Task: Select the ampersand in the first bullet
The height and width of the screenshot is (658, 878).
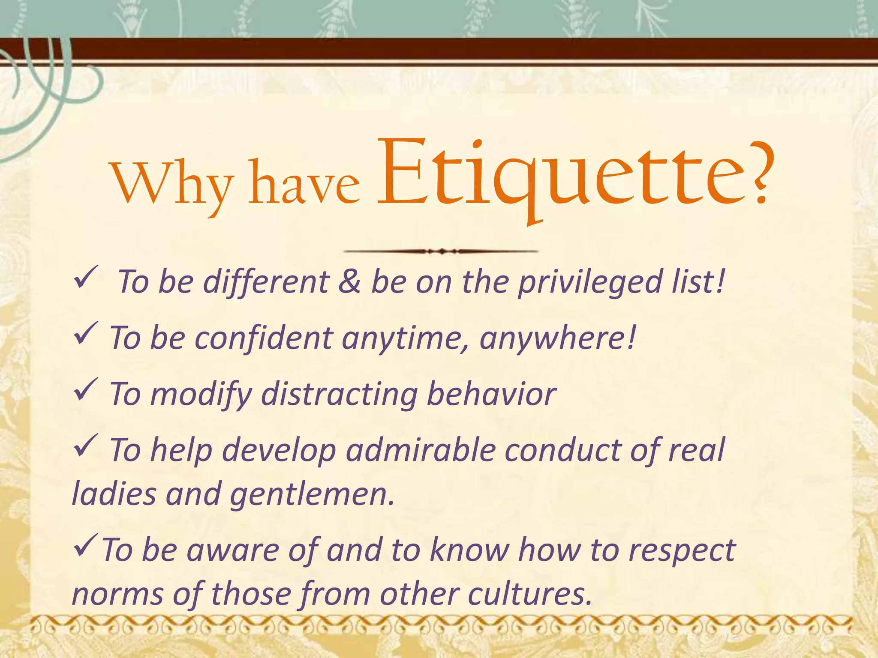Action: pyautogui.click(x=349, y=282)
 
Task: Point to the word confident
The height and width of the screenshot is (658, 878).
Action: pyautogui.click(x=264, y=338)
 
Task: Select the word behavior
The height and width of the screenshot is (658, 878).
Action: pyautogui.click(x=491, y=393)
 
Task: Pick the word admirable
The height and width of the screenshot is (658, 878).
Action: pyautogui.click(x=420, y=450)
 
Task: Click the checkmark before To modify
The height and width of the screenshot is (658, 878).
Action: pyautogui.click(x=86, y=389)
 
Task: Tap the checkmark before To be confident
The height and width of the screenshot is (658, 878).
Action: pyautogui.click(x=86, y=333)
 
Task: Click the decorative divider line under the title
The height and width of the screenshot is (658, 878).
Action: pyautogui.click(x=441, y=251)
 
